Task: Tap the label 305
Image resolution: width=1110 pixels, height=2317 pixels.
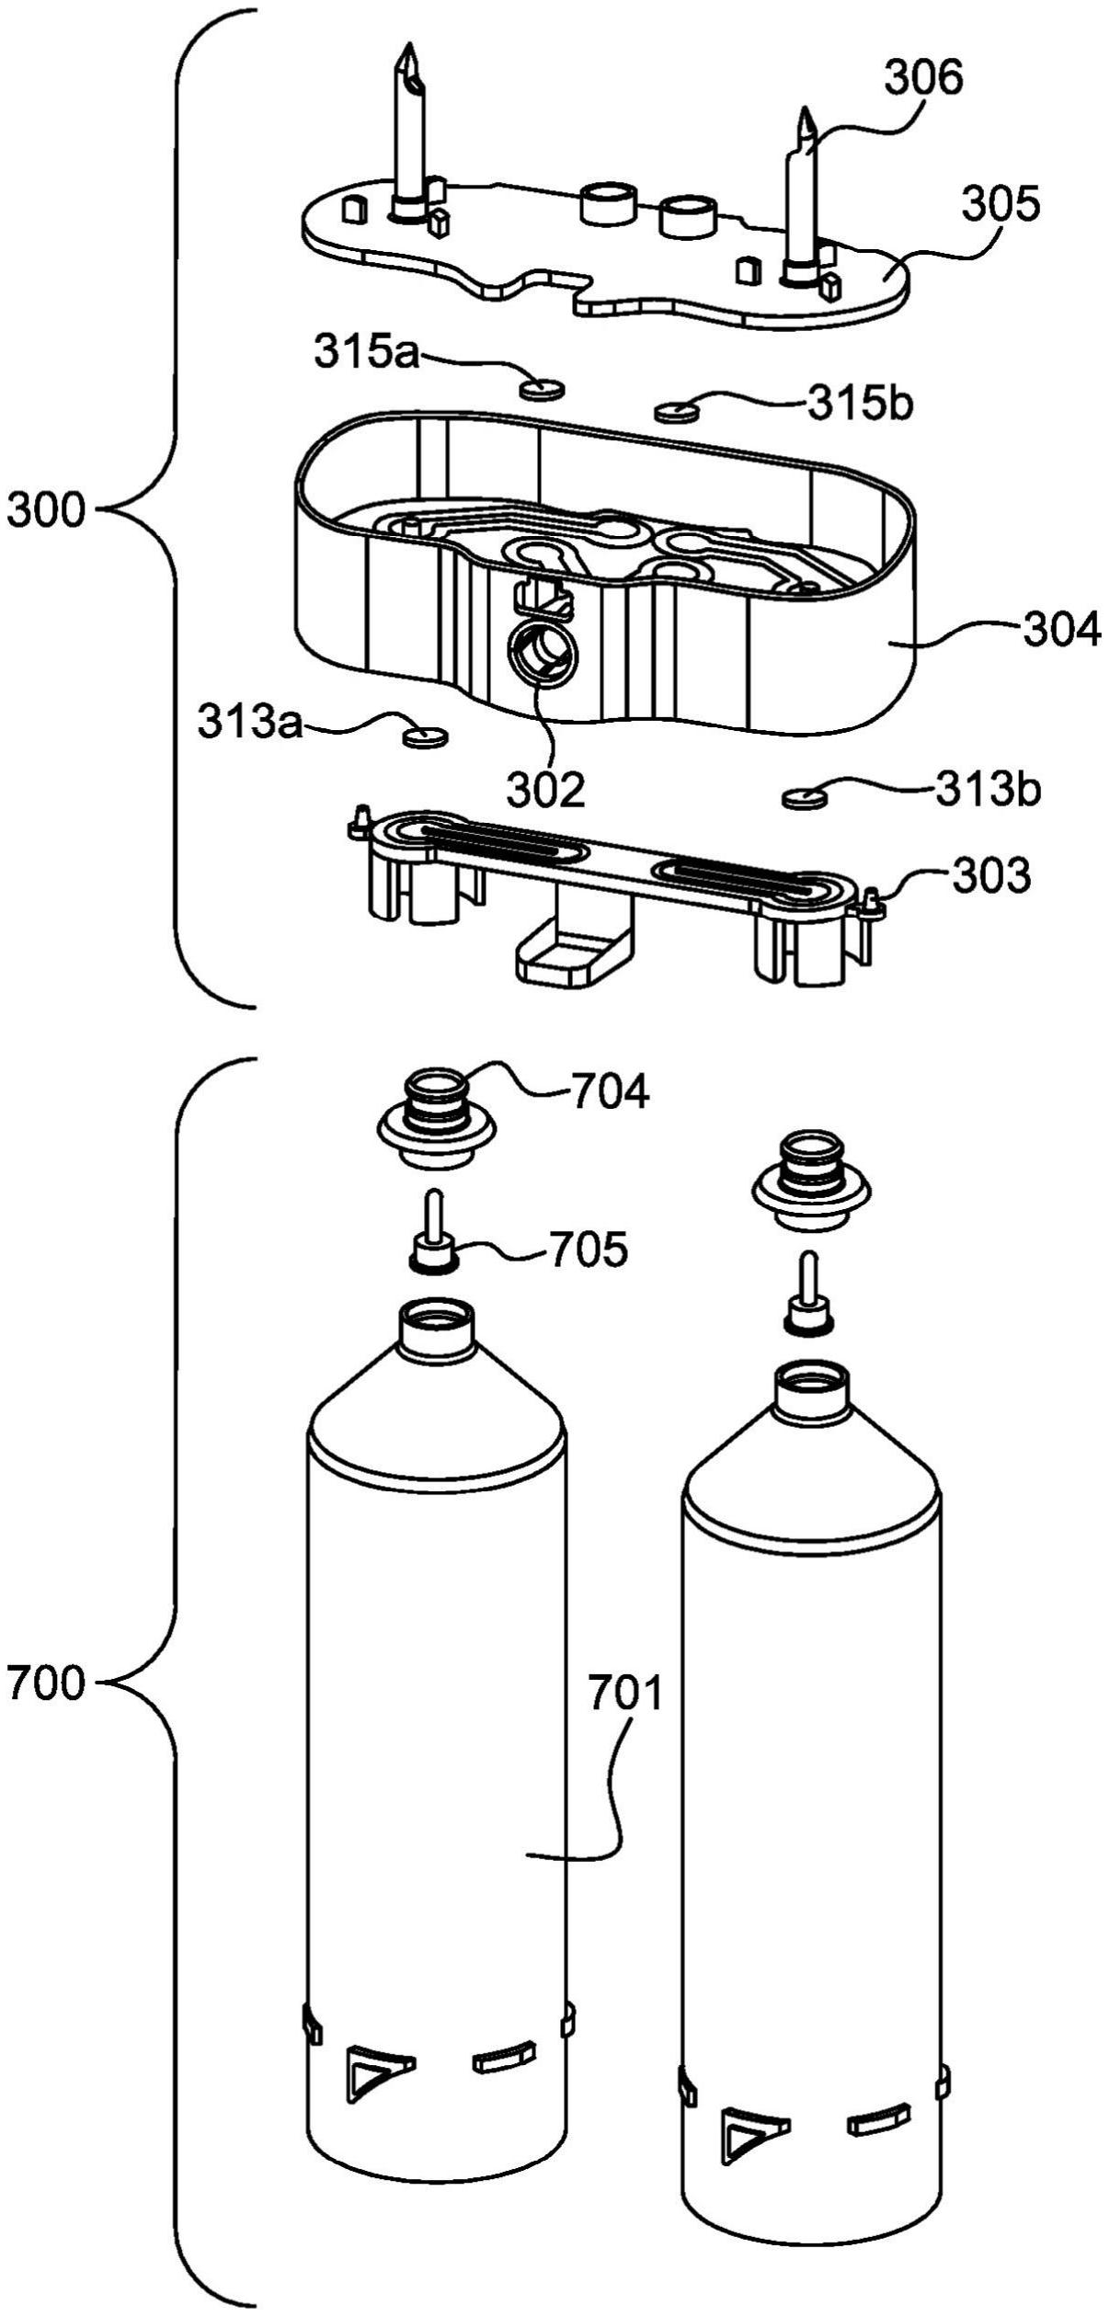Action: coord(1001,205)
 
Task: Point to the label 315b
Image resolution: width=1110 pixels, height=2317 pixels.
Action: coord(860,403)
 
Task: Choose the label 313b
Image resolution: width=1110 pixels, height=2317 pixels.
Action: coord(989,788)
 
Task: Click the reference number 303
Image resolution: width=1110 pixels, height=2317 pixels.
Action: coord(990,876)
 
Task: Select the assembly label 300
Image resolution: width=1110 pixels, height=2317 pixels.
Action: coord(46,511)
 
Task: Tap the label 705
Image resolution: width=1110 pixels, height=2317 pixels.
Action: coord(589,1249)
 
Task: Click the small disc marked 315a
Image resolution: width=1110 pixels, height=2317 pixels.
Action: coord(542,390)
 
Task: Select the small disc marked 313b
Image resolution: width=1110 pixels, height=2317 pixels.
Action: coord(805,798)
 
